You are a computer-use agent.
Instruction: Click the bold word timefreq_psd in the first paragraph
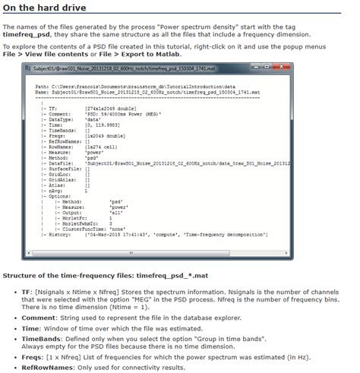[x=29, y=35]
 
